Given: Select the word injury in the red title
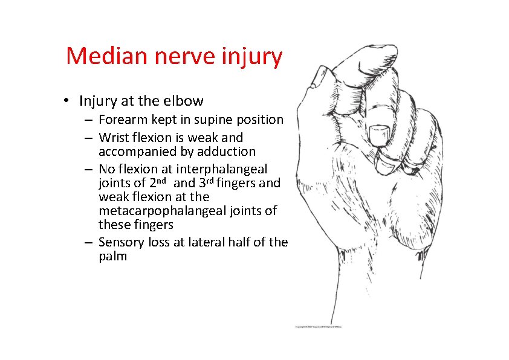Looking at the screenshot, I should [256, 56].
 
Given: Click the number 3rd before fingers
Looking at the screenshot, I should [207, 182].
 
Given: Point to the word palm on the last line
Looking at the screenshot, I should [112, 256].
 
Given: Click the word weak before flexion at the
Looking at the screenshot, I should [111, 196].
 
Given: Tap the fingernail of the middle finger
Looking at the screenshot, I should [380, 131].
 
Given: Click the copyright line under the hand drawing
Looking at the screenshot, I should [318, 327].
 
